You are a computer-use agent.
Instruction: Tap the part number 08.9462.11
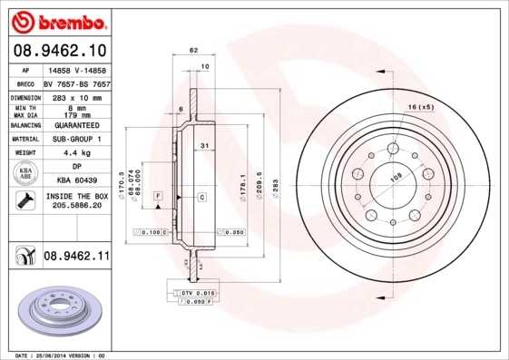(x=76, y=258)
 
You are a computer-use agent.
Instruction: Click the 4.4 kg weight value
(x=76, y=153)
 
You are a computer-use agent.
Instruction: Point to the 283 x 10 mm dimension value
(x=76, y=96)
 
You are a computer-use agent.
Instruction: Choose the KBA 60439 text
(x=76, y=181)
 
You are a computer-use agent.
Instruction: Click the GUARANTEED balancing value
(x=76, y=124)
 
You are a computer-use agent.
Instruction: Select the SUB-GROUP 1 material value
(x=76, y=139)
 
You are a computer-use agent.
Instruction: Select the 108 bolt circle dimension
(x=396, y=178)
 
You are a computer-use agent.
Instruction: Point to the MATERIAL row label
(x=24, y=139)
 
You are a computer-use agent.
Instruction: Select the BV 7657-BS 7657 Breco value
(x=76, y=82)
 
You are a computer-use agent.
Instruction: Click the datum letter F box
(x=158, y=196)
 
